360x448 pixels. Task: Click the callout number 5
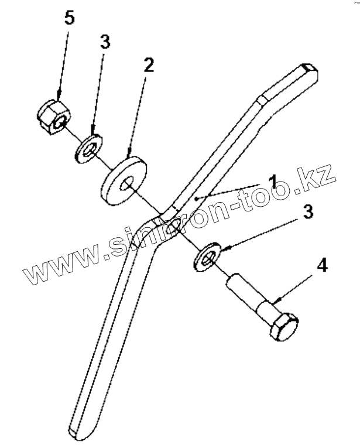[x=69, y=18]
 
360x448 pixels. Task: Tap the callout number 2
[x=149, y=65]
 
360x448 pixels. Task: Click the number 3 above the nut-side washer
[x=106, y=42]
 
